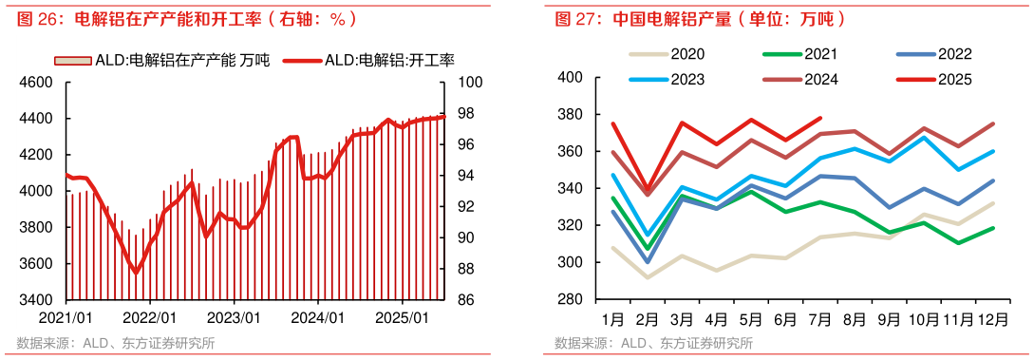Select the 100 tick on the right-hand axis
click(472, 83)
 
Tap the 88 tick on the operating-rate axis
click(468, 269)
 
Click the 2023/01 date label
click(235, 316)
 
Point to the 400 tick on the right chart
click(569, 77)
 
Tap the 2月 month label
click(647, 316)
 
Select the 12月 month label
click(993, 316)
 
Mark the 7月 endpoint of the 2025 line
click(820, 118)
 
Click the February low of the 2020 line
click(648, 277)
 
